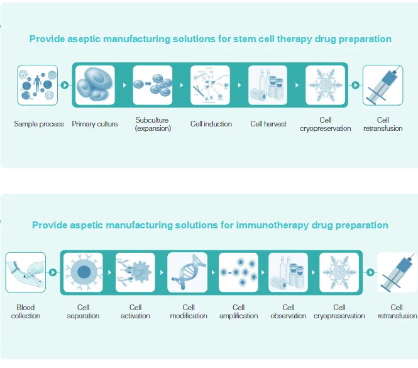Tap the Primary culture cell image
click(x=95, y=85)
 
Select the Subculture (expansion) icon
click(x=153, y=85)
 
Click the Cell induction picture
click(x=211, y=85)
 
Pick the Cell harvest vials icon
click(x=268, y=85)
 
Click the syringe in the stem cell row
click(x=383, y=85)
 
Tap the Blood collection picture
click(x=26, y=272)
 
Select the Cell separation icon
click(x=83, y=272)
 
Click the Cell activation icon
click(x=135, y=272)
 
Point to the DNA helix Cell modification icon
click(x=188, y=272)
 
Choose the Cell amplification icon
click(x=238, y=272)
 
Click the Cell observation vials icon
click(x=288, y=272)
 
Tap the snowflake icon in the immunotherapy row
click(x=339, y=272)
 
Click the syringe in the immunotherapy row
click(x=397, y=272)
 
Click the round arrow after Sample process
click(x=64, y=84)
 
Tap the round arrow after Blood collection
click(x=52, y=272)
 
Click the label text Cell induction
click(x=211, y=124)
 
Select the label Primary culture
click(x=95, y=124)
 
